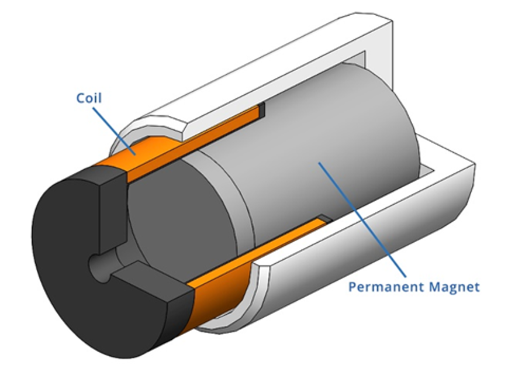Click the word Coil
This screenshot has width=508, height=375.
(x=89, y=98)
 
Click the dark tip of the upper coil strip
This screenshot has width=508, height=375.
(x=262, y=109)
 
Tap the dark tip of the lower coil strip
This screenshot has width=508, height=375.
(x=325, y=221)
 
